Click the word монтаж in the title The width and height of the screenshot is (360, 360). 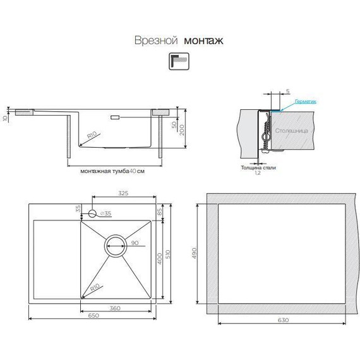click(203, 40)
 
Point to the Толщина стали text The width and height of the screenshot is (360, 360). click(258, 167)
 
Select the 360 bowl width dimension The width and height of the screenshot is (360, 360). click(116, 308)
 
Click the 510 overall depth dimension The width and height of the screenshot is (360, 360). click(167, 253)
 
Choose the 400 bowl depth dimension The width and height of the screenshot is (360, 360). click(160, 258)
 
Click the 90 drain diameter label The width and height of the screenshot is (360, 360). click(134, 243)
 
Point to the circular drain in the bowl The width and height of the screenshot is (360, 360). click(116, 246)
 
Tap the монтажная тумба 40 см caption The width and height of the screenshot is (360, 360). click(109, 171)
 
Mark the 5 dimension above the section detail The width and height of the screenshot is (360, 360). click(288, 92)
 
